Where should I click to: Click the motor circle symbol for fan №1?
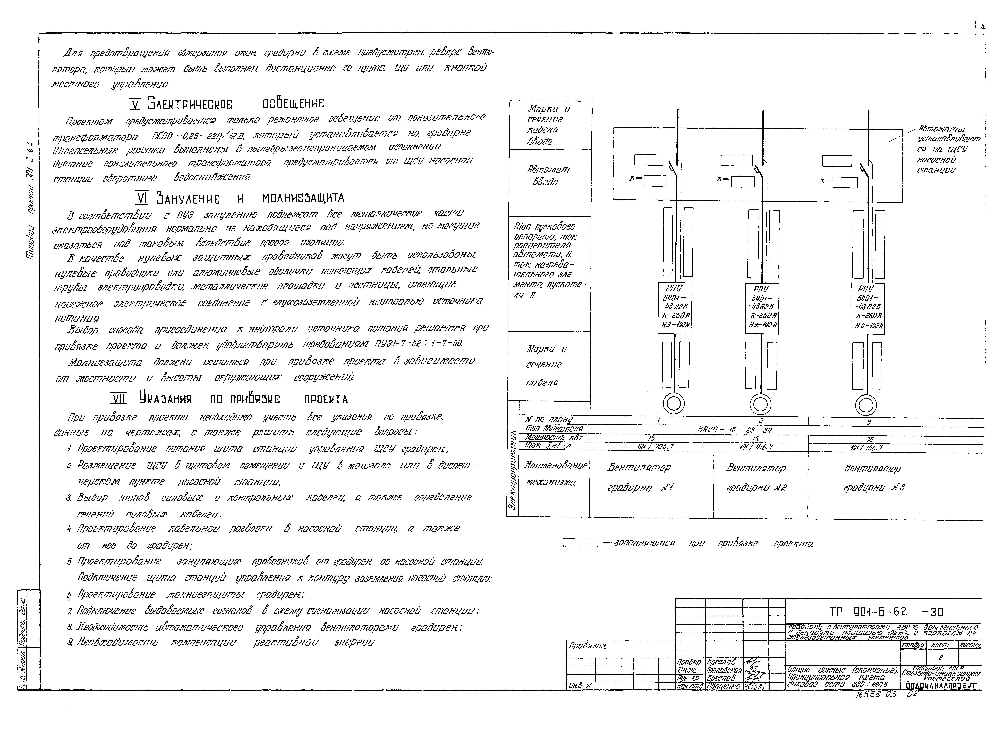[673, 404]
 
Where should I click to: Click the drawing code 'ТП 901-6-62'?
[868, 612]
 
